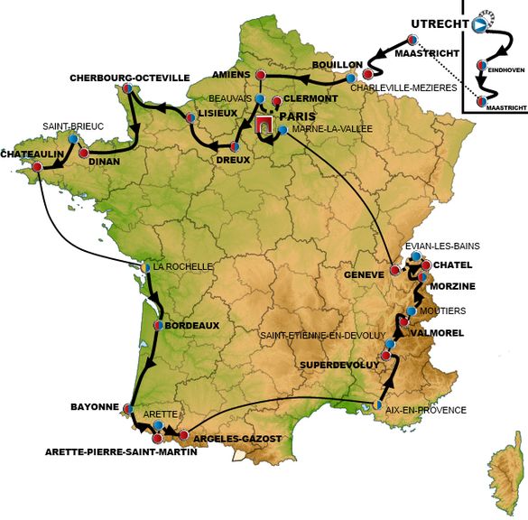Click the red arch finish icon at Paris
(264, 127)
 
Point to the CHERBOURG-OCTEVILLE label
(130, 78)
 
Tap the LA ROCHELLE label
(183, 266)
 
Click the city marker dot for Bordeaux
(159, 325)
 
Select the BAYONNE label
(95, 407)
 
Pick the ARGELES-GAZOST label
(237, 438)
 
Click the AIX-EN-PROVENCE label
(427, 410)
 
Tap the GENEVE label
(365, 273)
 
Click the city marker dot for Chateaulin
(36, 167)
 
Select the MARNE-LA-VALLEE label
(329, 129)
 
